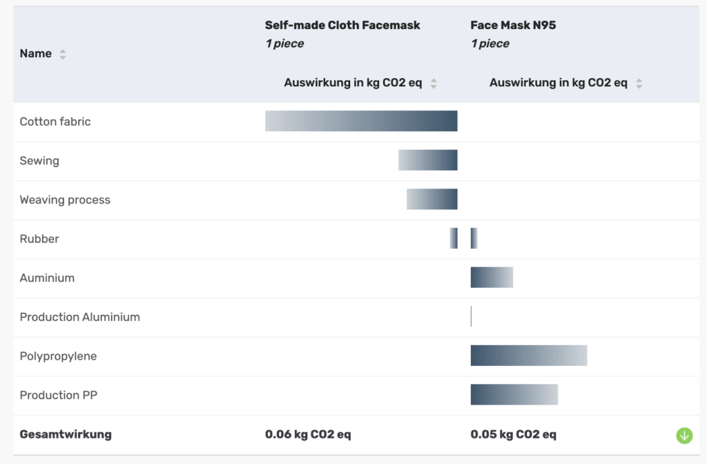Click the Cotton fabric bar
[x=361, y=121]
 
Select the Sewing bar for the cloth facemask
[x=427, y=160]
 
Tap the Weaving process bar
[x=432, y=200]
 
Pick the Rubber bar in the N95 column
[x=474, y=238]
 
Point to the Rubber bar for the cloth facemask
[x=454, y=238]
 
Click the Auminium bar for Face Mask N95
[x=492, y=278]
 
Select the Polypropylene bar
[x=529, y=356]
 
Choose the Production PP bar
[x=514, y=395]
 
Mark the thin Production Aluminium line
[x=471, y=317]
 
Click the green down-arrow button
[x=684, y=436]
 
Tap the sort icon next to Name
[x=63, y=54]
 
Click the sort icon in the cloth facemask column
[x=434, y=84]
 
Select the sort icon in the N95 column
[x=639, y=84]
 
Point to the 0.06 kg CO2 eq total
[x=308, y=434]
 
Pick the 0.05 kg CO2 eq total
[x=514, y=434]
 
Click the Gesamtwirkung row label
[x=66, y=434]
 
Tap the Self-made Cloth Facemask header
[x=342, y=26]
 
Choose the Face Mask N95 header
[x=513, y=26]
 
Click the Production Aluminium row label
[x=79, y=317]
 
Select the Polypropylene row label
[x=58, y=356]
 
